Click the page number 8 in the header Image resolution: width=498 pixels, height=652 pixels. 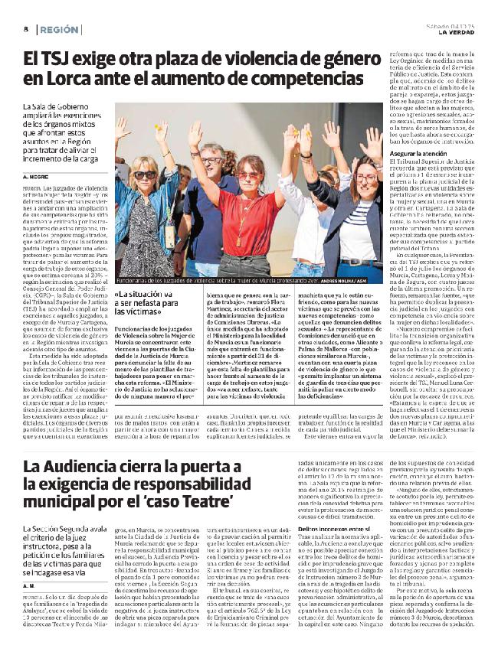pyautogui.click(x=26, y=29)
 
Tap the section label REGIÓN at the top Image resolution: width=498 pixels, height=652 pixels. pyautogui.click(x=59, y=29)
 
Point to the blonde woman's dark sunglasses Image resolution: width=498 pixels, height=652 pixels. pyautogui.click(x=146, y=174)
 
